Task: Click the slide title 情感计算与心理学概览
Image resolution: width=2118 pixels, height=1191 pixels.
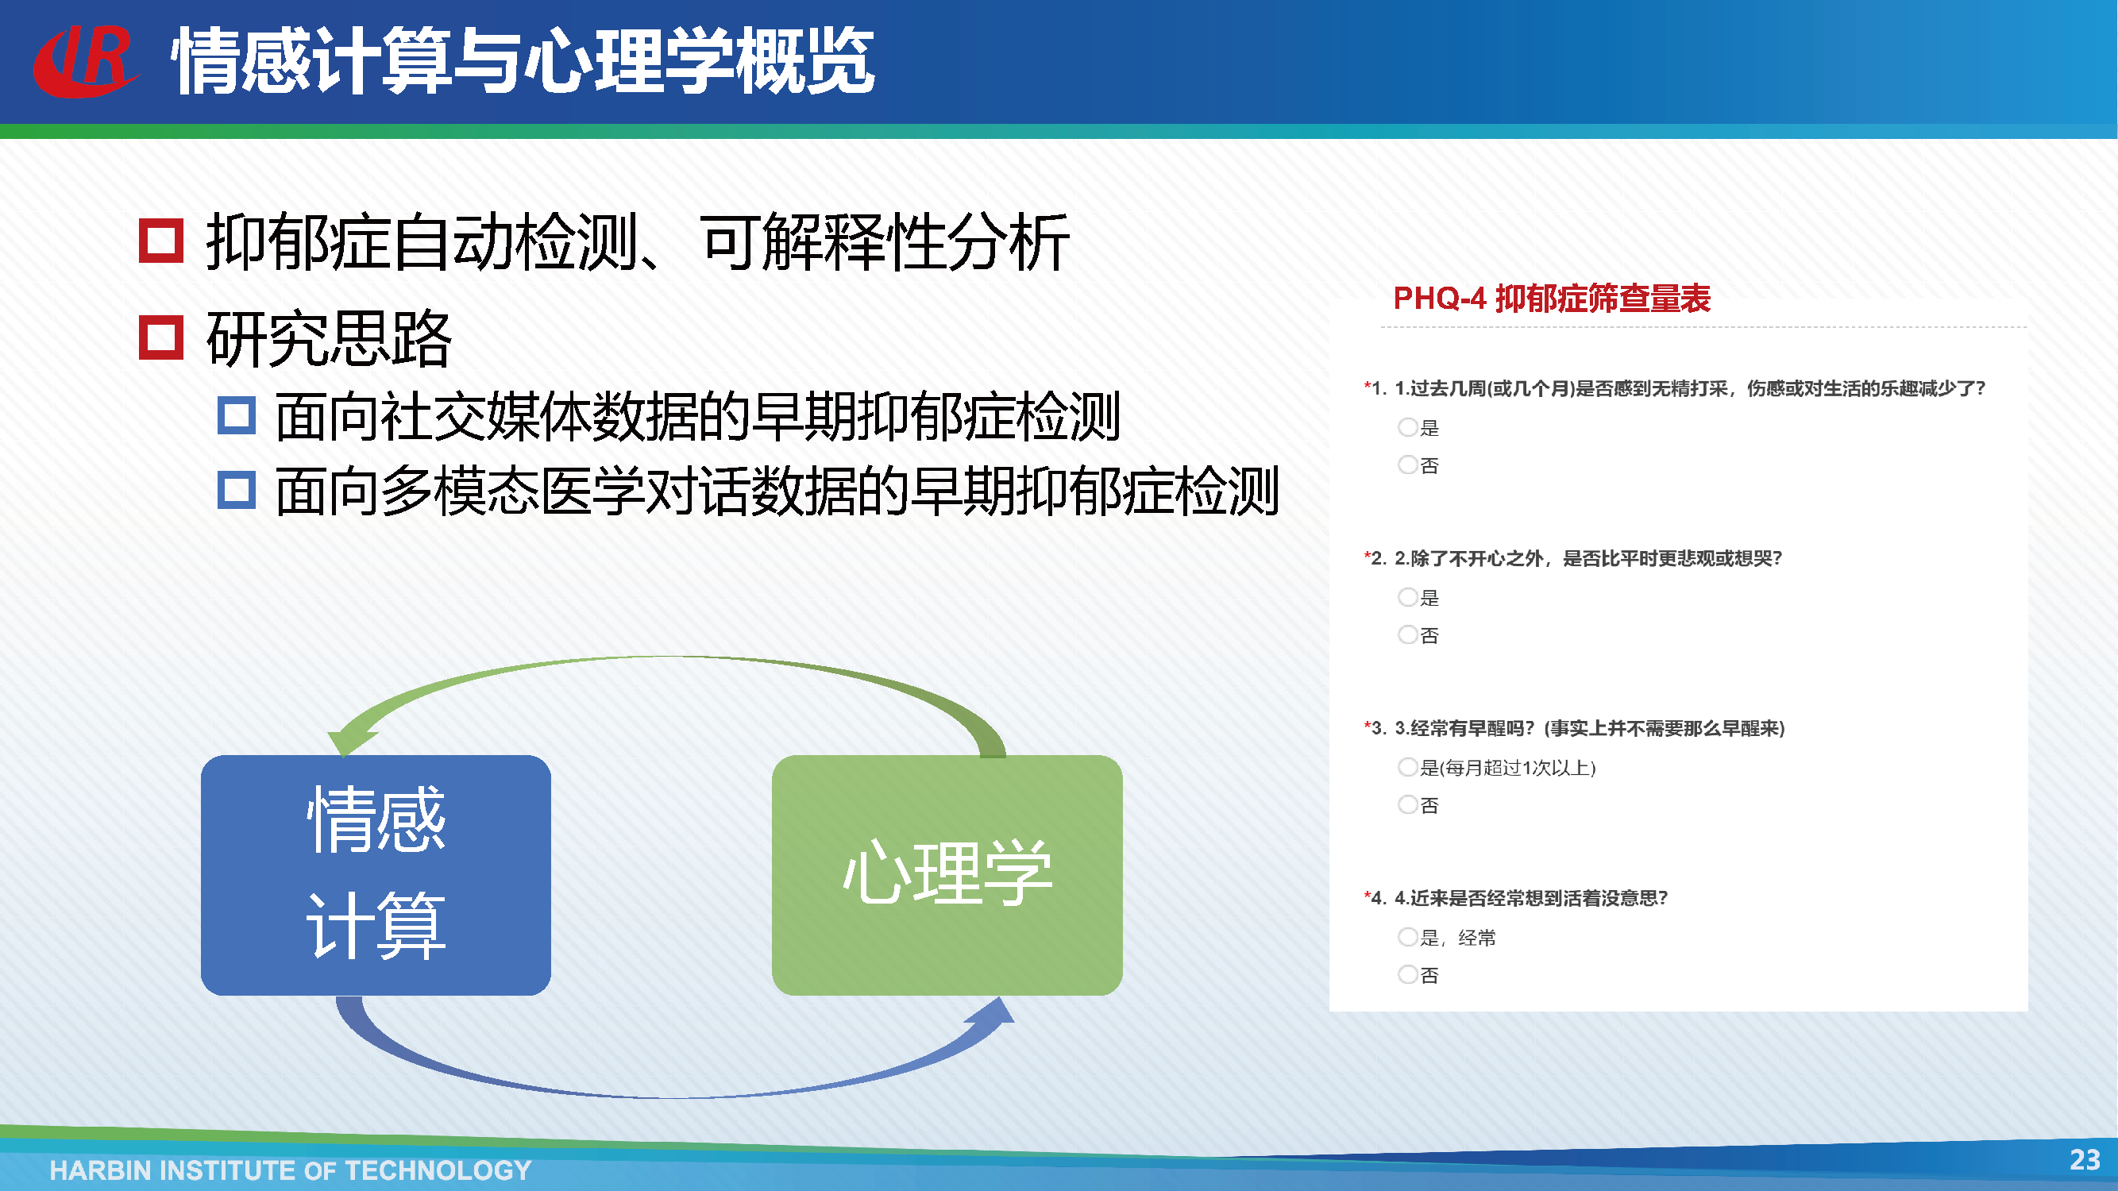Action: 523,61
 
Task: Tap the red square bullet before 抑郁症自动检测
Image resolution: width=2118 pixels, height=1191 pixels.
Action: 160,241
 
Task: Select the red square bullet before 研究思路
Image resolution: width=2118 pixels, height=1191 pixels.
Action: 160,337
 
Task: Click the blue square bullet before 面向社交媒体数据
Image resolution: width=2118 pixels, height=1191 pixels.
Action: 237,415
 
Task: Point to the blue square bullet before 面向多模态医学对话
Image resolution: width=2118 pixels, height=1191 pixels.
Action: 237,490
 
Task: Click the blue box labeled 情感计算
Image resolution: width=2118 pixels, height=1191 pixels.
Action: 376,874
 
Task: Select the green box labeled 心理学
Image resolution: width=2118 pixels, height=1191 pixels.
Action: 947,874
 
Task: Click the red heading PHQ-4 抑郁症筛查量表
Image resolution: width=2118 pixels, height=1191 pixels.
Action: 1552,298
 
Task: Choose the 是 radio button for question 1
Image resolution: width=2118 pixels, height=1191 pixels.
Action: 1407,426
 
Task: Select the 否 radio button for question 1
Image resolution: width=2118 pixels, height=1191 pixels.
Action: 1407,464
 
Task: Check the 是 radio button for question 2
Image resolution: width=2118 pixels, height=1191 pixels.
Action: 1407,597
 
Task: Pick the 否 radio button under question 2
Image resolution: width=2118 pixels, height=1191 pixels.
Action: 1407,634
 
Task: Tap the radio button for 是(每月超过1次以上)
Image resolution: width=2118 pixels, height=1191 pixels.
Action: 1407,767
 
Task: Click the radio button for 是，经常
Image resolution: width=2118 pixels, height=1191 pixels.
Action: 1407,936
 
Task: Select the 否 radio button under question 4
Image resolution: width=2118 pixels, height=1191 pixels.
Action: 1407,974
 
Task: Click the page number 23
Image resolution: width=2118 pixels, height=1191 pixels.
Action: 2085,1160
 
